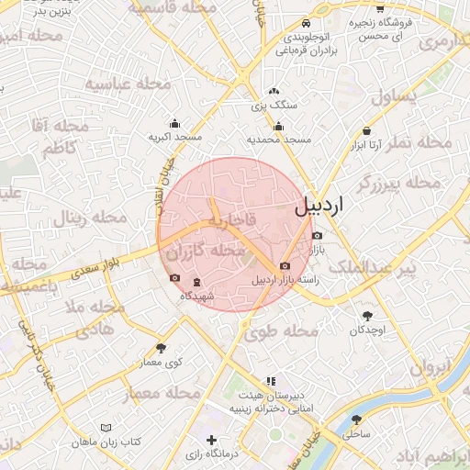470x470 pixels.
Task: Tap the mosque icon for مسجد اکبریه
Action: pos(174,124)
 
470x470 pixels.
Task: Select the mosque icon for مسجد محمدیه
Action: pos(279,126)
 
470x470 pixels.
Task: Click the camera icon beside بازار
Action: pos(317,236)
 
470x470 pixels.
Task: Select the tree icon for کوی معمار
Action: pos(162,347)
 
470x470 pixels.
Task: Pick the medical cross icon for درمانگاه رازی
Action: pos(213,440)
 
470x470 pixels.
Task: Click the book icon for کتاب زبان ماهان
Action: pos(107,428)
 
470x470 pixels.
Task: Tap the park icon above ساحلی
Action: pos(356,419)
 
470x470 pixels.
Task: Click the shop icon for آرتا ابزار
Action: pos(367,131)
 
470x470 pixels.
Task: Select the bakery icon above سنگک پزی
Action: pos(274,91)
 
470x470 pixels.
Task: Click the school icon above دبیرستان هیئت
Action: pos(270,380)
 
